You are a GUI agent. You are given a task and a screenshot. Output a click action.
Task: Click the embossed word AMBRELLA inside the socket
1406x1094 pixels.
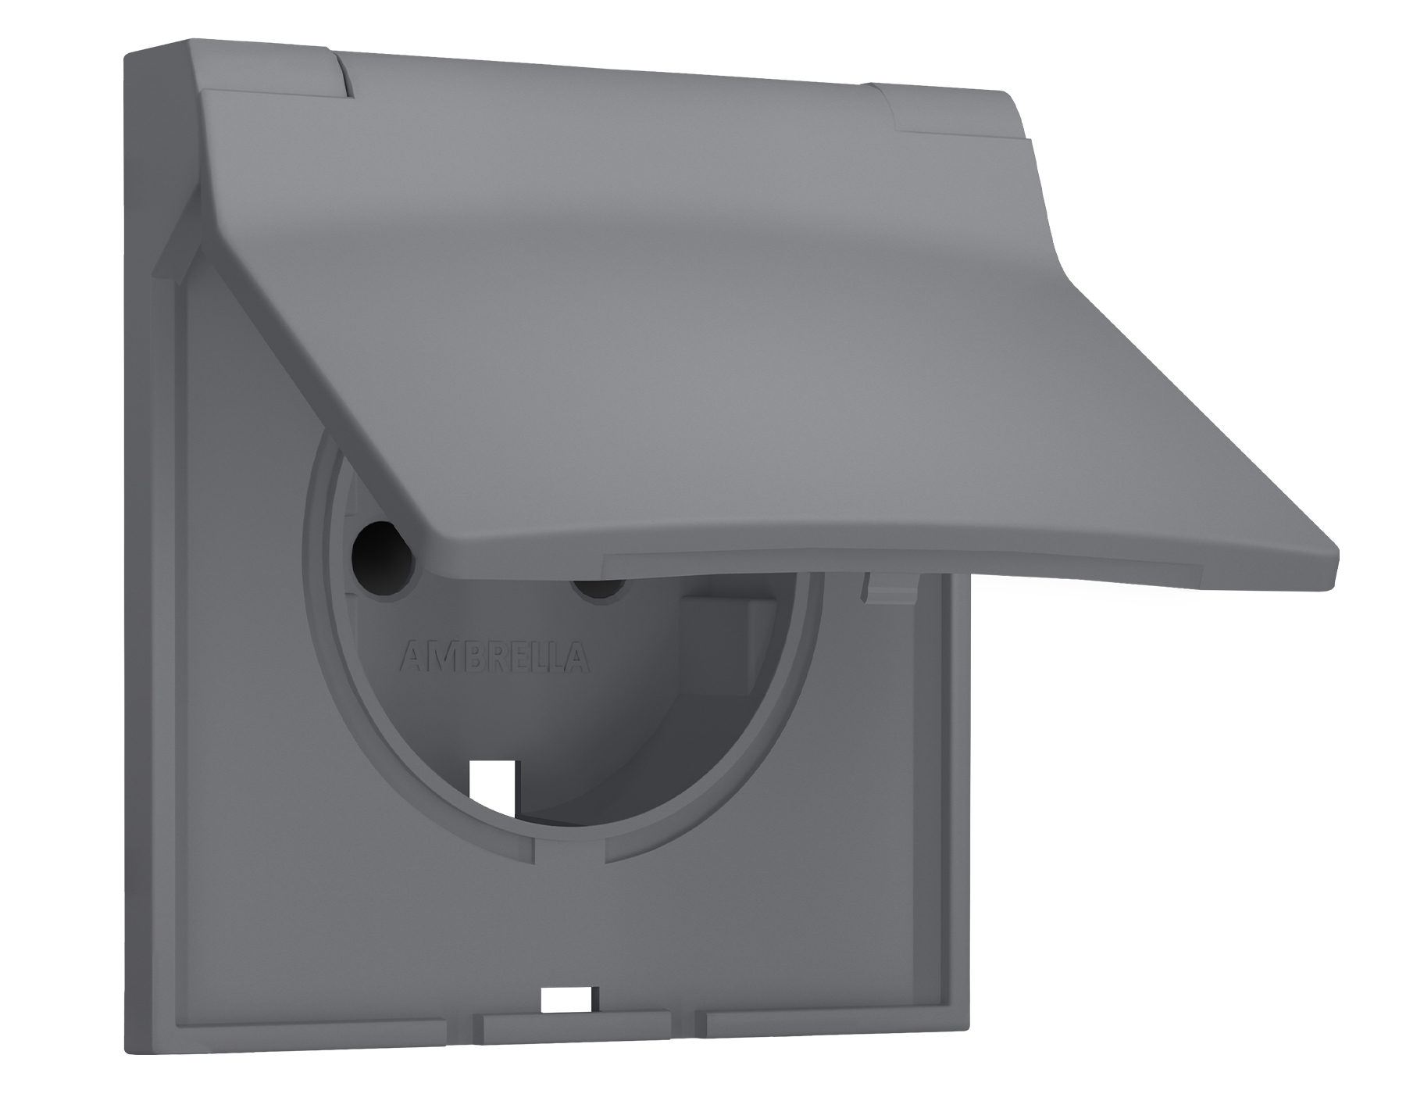(494, 658)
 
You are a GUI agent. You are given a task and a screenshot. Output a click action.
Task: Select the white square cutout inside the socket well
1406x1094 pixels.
(492, 789)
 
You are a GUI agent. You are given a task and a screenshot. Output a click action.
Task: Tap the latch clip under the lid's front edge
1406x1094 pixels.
(890, 588)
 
